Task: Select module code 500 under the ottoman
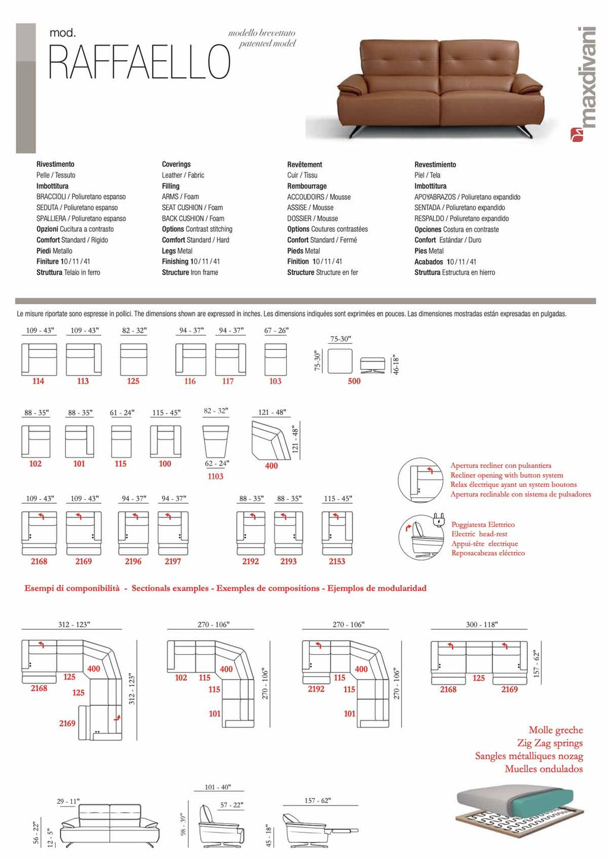pyautogui.click(x=354, y=381)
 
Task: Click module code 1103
pyautogui.click(x=216, y=476)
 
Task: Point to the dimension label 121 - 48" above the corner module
pyautogui.click(x=272, y=412)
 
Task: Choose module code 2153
pyautogui.click(x=337, y=561)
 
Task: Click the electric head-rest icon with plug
pyautogui.click(x=422, y=536)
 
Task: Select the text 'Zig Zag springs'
pyautogui.click(x=549, y=743)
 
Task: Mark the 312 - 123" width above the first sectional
pyautogui.click(x=74, y=624)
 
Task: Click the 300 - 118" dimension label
pyautogui.click(x=482, y=624)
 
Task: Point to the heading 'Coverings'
pyautogui.click(x=176, y=165)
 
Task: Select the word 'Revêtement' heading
pyautogui.click(x=305, y=165)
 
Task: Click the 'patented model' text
pyautogui.click(x=267, y=43)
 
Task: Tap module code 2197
pyautogui.click(x=173, y=561)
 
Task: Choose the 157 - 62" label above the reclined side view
pyautogui.click(x=318, y=800)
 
